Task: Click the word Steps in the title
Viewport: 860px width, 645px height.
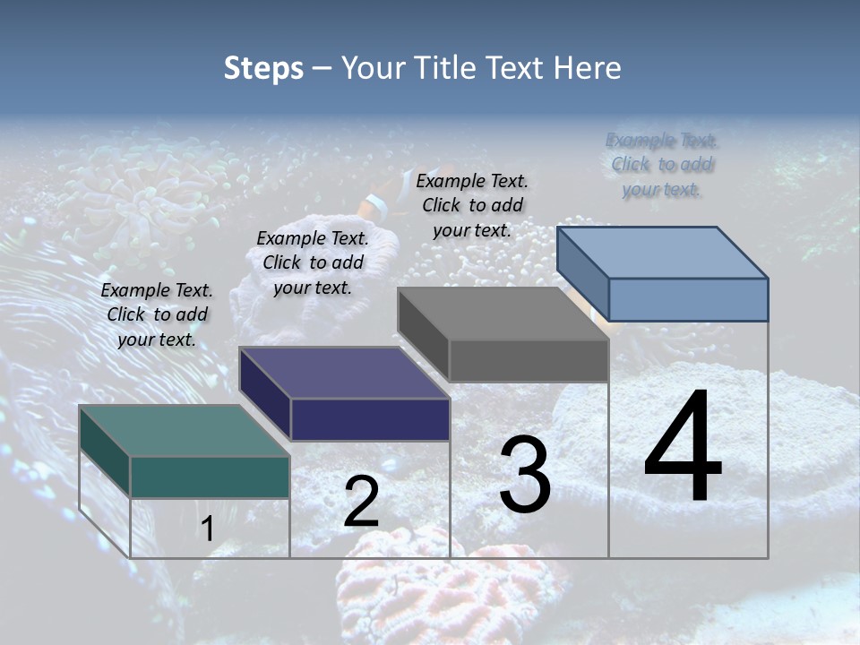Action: [263, 68]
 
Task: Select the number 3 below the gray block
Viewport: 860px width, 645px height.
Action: [525, 475]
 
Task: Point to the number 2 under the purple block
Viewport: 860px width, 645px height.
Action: [361, 503]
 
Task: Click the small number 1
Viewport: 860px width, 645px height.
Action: [207, 529]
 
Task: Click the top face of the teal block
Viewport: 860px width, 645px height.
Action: [184, 430]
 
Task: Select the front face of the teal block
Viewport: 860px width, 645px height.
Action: [210, 477]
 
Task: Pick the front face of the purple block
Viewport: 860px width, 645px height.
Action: [370, 419]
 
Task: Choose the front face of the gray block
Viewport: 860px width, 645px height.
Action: [529, 360]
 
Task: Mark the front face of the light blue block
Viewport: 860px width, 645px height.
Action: [687, 299]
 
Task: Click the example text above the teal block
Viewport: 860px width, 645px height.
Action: [157, 314]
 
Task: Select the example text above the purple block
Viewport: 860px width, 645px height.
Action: [313, 262]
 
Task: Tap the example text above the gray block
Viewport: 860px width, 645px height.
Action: [472, 205]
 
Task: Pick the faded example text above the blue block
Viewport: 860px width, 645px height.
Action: [662, 165]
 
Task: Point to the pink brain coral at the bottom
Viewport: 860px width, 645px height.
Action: [403, 582]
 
